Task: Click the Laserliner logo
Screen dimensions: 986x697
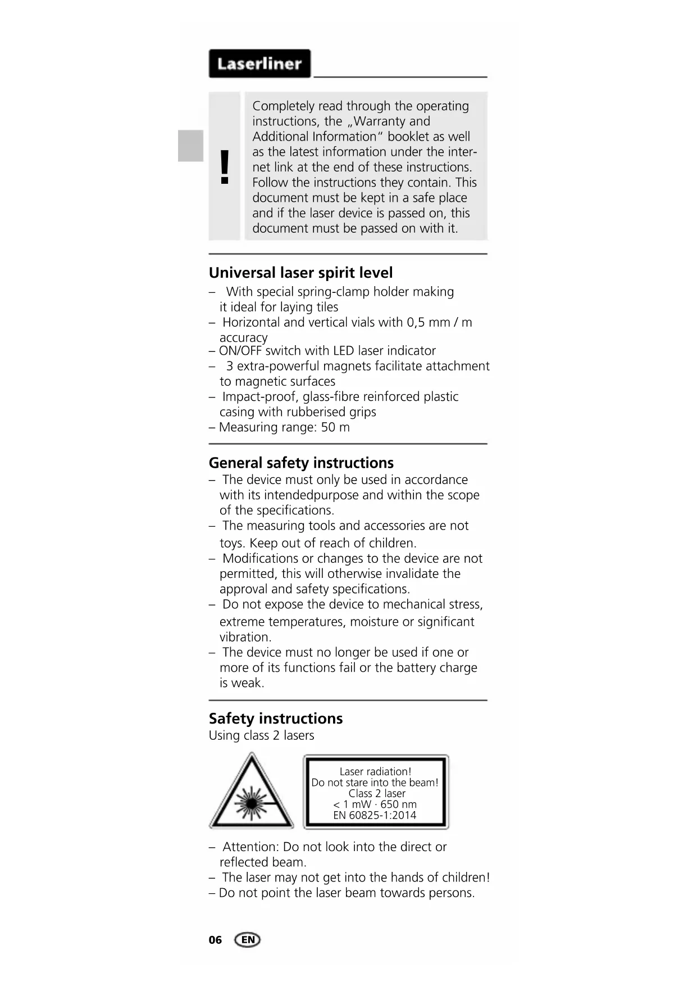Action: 259,64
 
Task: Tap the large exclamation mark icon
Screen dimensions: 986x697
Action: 225,167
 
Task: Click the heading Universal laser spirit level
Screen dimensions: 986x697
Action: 300,273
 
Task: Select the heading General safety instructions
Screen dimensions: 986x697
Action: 301,463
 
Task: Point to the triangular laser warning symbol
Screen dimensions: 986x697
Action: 251,793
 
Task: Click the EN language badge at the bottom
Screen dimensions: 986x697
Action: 248,939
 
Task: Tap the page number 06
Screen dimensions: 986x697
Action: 215,940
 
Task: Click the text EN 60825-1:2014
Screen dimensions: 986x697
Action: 375,815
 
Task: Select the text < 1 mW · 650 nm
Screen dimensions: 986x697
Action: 375,804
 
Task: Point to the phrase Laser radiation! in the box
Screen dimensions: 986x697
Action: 375,772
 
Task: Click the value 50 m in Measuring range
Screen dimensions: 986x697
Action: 335,427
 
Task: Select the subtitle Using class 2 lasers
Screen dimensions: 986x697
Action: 261,735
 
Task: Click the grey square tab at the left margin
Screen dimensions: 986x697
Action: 190,146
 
